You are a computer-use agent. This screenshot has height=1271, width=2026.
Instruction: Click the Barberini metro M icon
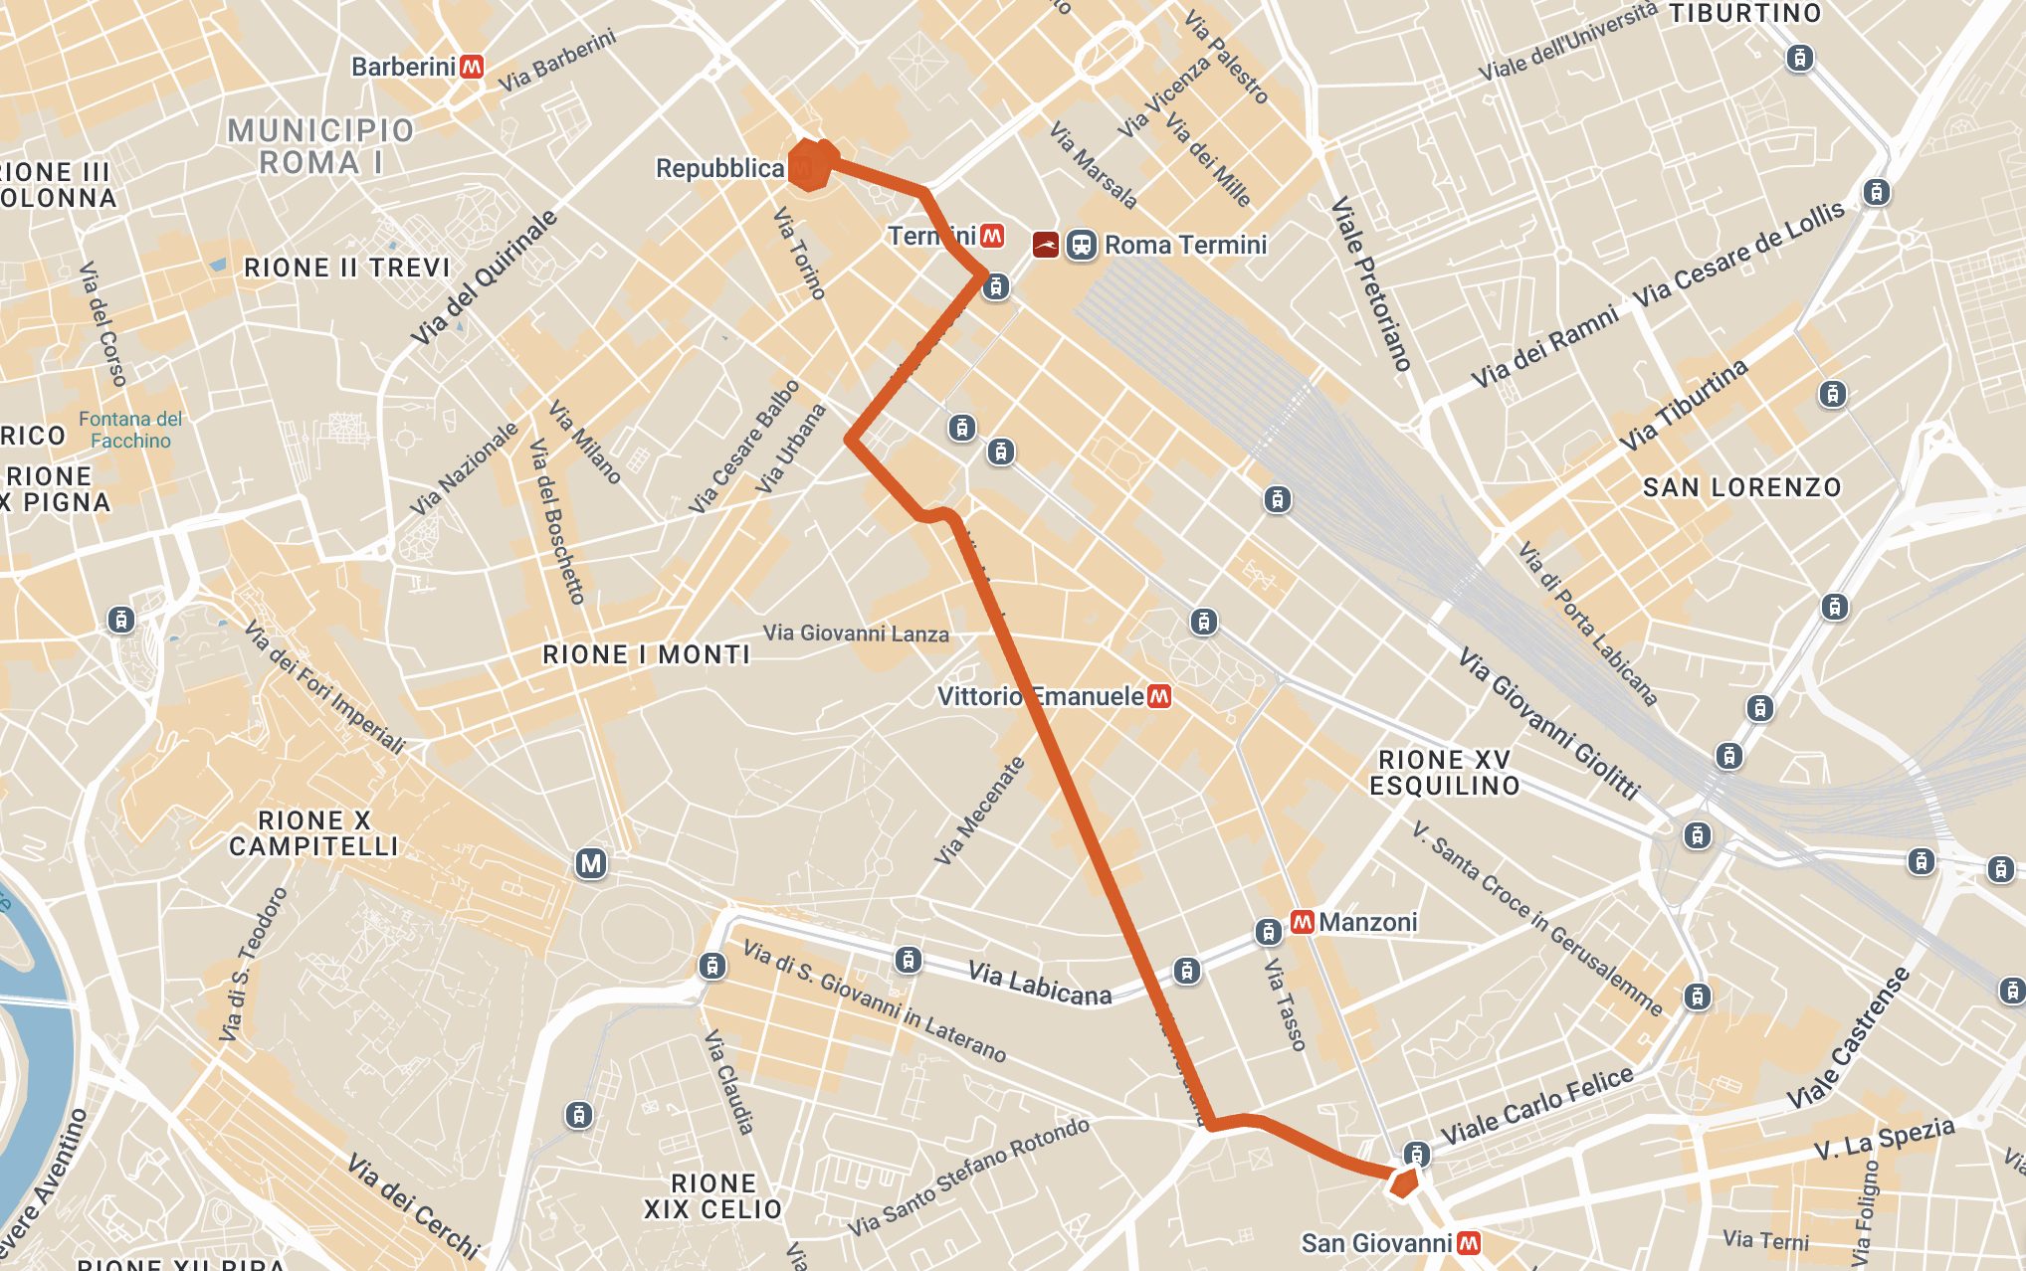[x=472, y=67]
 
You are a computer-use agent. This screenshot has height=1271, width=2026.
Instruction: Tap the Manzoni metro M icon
[x=1302, y=922]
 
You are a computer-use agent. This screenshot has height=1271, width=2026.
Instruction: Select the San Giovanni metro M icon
[x=1469, y=1243]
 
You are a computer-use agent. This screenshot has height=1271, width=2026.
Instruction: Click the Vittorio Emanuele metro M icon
[x=1158, y=696]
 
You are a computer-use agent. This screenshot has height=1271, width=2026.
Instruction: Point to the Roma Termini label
[x=1185, y=245]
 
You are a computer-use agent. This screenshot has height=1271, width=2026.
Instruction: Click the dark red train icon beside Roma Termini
[x=1045, y=245]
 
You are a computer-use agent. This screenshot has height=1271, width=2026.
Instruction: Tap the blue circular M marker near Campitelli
[x=591, y=863]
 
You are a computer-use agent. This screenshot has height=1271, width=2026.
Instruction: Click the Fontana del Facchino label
[x=130, y=430]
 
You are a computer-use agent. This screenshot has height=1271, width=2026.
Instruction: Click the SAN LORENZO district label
[x=1741, y=487]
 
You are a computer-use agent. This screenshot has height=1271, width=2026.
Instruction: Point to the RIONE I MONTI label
[x=647, y=654]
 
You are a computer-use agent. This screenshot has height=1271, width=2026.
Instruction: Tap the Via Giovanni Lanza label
[x=856, y=634]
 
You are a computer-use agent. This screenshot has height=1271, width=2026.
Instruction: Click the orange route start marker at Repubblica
[x=810, y=165]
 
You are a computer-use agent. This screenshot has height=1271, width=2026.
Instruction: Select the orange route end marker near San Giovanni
[x=1404, y=1183]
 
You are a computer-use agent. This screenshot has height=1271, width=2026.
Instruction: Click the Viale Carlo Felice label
[x=1536, y=1105]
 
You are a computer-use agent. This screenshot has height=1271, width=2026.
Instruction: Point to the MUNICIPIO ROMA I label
[x=319, y=146]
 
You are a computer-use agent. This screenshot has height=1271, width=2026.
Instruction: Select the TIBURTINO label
[x=1744, y=14]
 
